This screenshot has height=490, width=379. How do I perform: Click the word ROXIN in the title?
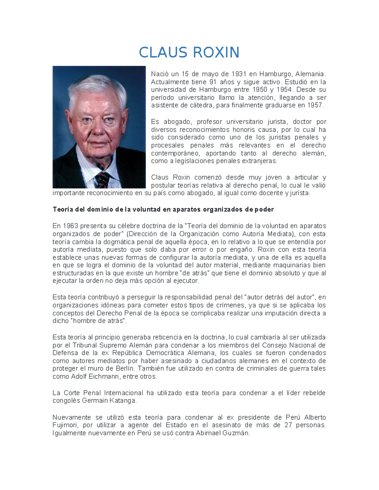click(x=216, y=52)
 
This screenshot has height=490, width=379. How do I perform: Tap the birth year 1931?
click(x=239, y=74)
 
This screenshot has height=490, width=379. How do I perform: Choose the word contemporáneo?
click(x=175, y=153)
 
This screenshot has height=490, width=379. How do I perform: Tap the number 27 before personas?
click(x=288, y=425)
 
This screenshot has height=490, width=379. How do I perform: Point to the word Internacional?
click(x=123, y=393)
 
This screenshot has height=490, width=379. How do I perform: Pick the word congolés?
click(x=66, y=401)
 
